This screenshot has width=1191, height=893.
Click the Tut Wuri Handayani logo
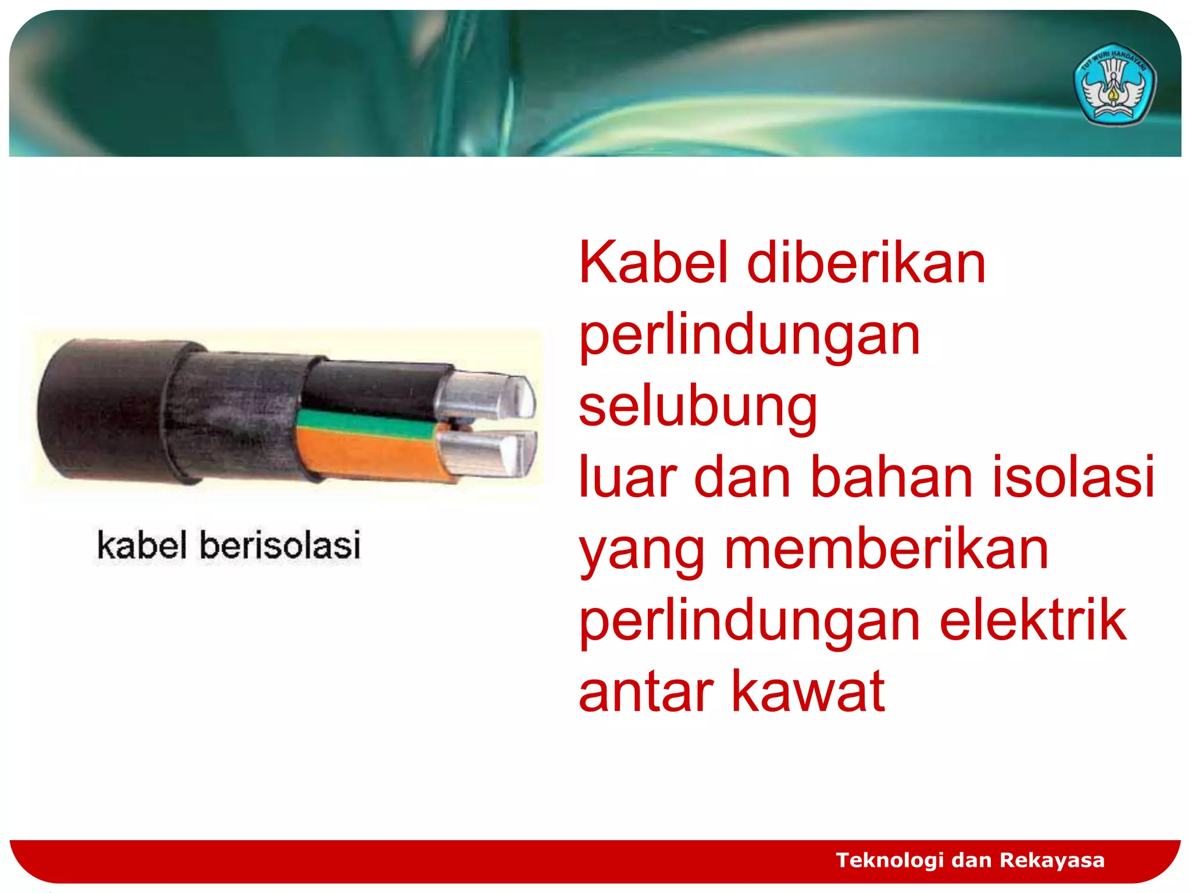[x=1114, y=85]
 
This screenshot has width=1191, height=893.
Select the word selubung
[x=698, y=407]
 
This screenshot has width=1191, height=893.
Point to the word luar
[x=627, y=478]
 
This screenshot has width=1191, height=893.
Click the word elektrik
[x=1033, y=621]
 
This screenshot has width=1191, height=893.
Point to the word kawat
[x=808, y=692]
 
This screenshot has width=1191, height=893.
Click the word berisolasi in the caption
[x=280, y=545]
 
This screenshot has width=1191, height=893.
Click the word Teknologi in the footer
[x=889, y=860]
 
